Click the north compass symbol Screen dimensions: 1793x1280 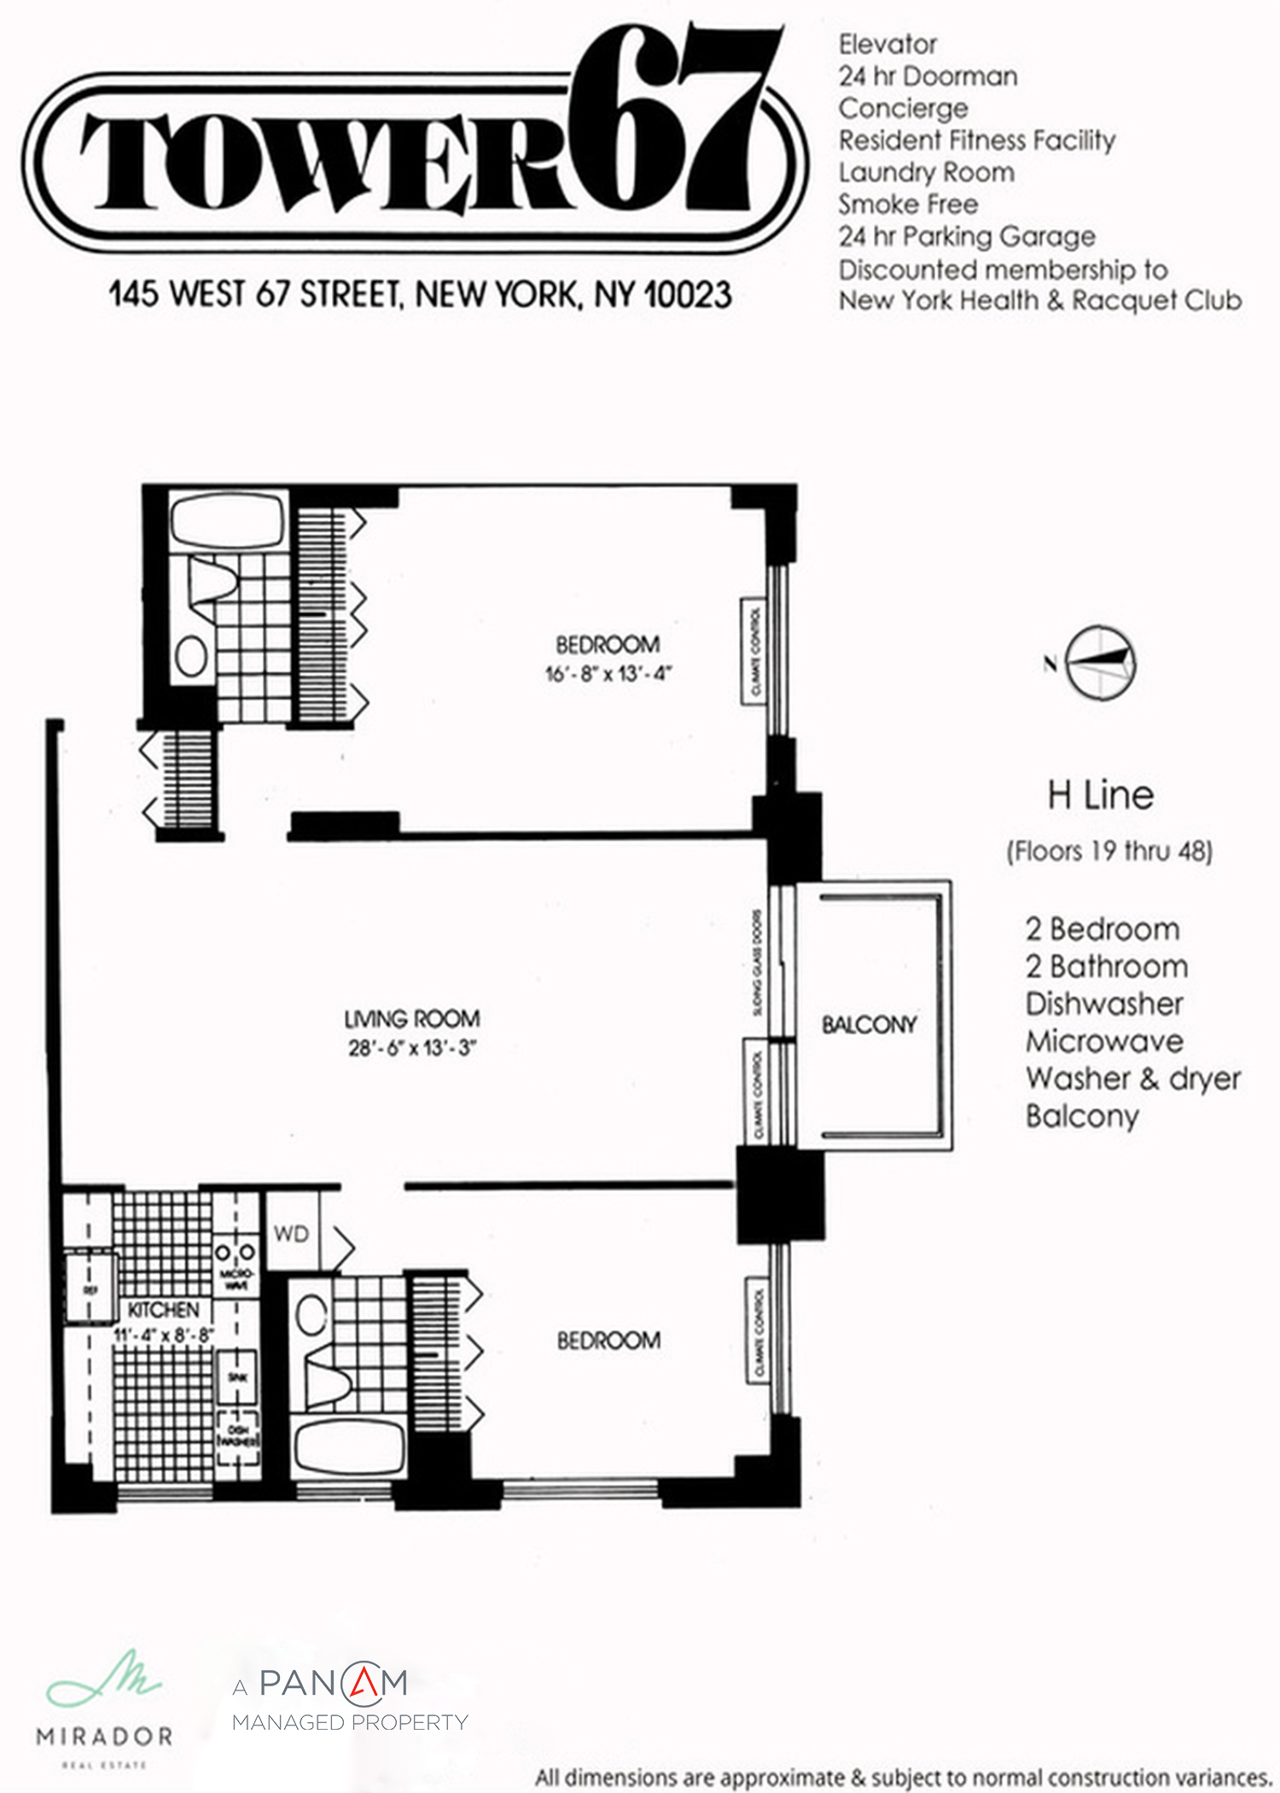click(1102, 663)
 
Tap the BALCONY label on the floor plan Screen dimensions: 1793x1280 click(869, 1025)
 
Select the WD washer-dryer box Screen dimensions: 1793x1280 click(291, 1234)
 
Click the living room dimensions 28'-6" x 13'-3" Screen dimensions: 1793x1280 click(411, 1048)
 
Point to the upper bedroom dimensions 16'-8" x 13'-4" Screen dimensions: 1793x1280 click(608, 674)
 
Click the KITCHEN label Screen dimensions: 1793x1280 click(163, 1310)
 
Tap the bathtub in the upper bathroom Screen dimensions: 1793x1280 click(227, 519)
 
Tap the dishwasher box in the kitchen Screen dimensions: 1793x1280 click(238, 1436)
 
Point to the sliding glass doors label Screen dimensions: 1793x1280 click(757, 962)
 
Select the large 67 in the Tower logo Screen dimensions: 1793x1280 click(674, 120)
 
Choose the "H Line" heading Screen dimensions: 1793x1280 click(1101, 796)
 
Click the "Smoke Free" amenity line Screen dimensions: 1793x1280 click(908, 204)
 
